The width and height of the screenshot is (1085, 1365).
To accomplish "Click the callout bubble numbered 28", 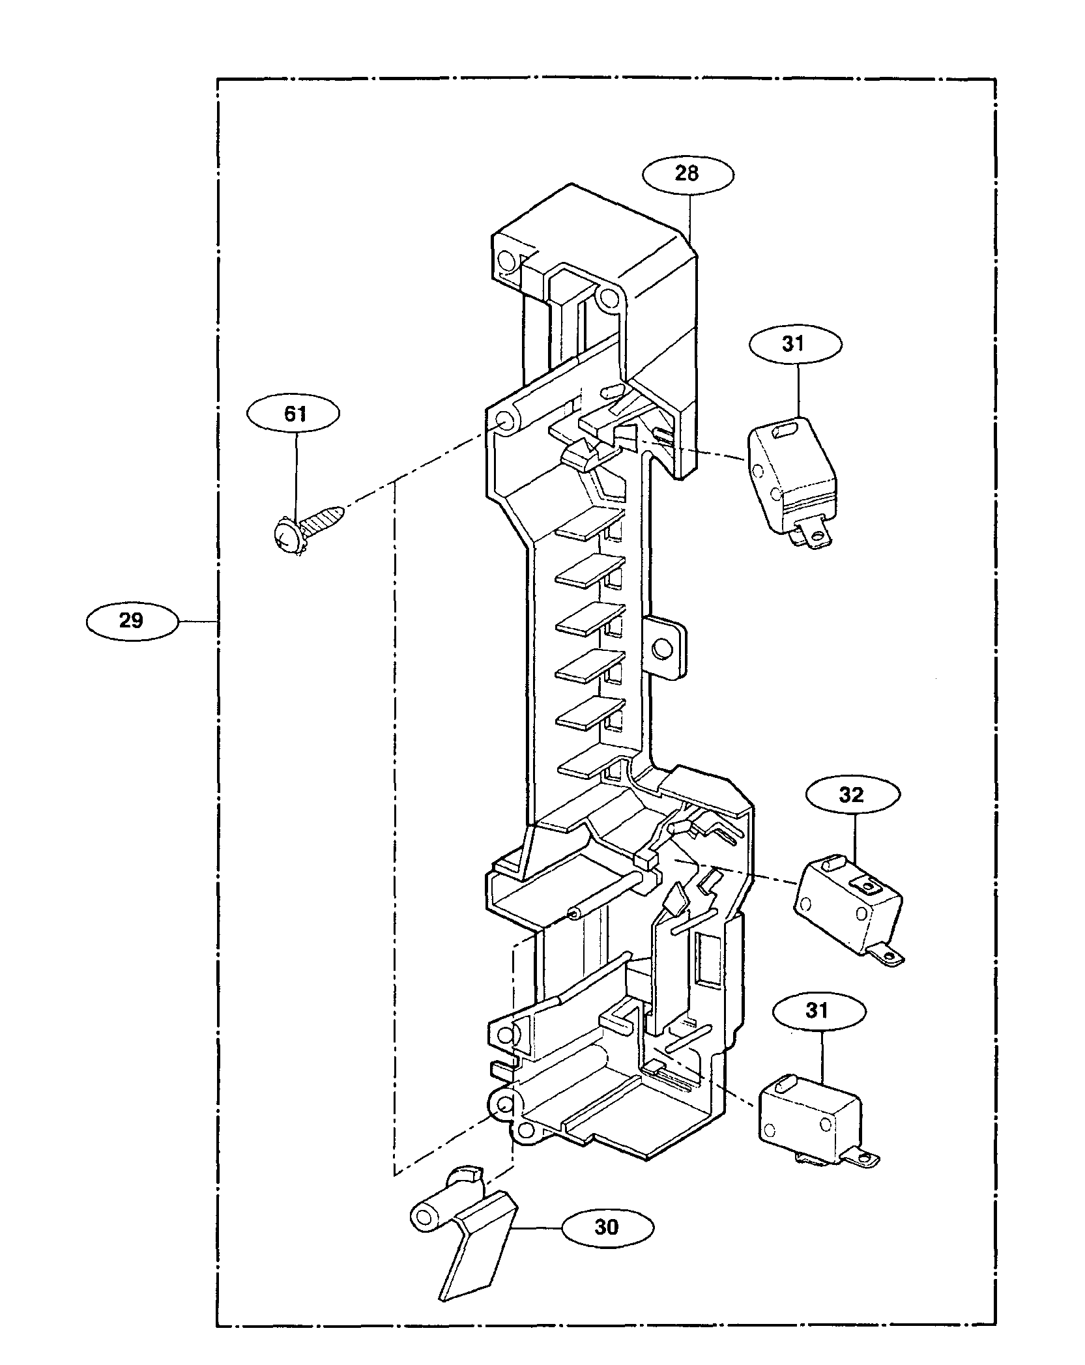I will (687, 174).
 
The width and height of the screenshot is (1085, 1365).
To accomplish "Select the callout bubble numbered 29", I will (132, 621).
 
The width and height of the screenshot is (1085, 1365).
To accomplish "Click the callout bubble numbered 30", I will (607, 1228).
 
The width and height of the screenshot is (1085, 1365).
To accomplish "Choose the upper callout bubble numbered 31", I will (795, 344).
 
